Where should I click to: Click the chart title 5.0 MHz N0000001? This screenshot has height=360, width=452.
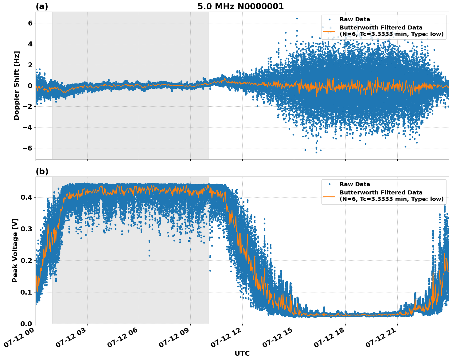[x=240, y=6]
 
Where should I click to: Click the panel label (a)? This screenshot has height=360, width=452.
[x=42, y=6]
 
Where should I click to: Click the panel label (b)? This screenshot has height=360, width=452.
[x=42, y=171]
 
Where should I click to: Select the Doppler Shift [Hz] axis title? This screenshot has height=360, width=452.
[x=17, y=85]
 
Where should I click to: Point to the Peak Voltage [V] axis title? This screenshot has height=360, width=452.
[x=15, y=250]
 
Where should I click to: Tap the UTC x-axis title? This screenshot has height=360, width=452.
[x=242, y=353]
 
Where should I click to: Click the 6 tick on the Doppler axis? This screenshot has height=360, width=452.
[x=30, y=23]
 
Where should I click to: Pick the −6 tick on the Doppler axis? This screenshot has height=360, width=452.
[x=28, y=148]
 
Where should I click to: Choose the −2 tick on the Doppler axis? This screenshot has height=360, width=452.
[x=28, y=107]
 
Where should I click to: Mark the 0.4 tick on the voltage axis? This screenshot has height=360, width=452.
[x=27, y=197]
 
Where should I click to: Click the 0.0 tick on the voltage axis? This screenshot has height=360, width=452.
[x=27, y=324]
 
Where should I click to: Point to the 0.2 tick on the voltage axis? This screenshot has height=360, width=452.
[x=27, y=260]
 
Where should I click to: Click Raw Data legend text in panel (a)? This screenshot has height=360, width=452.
[x=355, y=19]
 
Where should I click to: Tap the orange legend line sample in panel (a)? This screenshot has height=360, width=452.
[x=329, y=31]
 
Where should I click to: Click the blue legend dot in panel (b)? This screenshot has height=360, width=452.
[x=329, y=184]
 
